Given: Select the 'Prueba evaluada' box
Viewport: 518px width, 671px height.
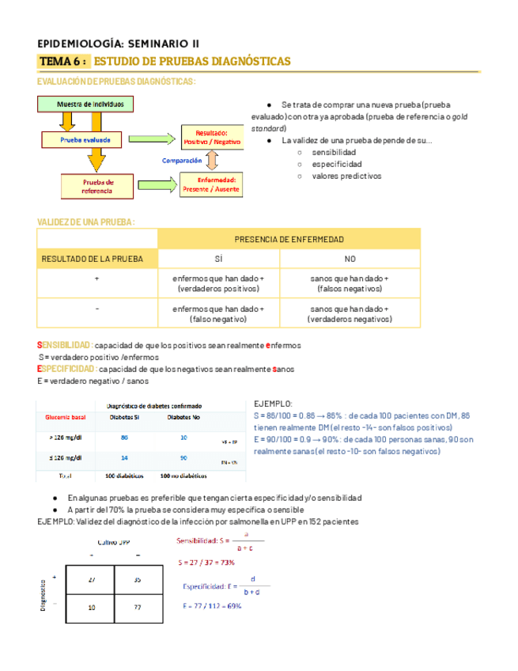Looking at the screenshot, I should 90,140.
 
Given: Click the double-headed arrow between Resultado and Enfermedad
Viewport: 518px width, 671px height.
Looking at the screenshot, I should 212,161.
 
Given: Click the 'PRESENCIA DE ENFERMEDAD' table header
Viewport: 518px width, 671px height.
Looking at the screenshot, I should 289,239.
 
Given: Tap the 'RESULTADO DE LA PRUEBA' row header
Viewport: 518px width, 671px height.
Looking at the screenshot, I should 93,259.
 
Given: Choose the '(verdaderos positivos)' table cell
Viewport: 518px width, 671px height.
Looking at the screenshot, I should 217,290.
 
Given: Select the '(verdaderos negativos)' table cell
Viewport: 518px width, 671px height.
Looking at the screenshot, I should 350,319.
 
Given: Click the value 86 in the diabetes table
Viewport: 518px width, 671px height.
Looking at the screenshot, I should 124,437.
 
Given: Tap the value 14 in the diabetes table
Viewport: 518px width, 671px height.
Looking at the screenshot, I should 124,458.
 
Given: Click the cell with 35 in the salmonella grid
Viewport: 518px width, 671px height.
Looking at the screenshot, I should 138,579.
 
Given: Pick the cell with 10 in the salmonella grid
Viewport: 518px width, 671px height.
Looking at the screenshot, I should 93,607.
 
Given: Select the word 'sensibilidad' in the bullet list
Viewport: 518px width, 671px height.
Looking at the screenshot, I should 334,152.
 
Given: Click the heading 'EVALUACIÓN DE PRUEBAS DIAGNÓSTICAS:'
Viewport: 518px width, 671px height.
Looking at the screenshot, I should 116,82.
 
